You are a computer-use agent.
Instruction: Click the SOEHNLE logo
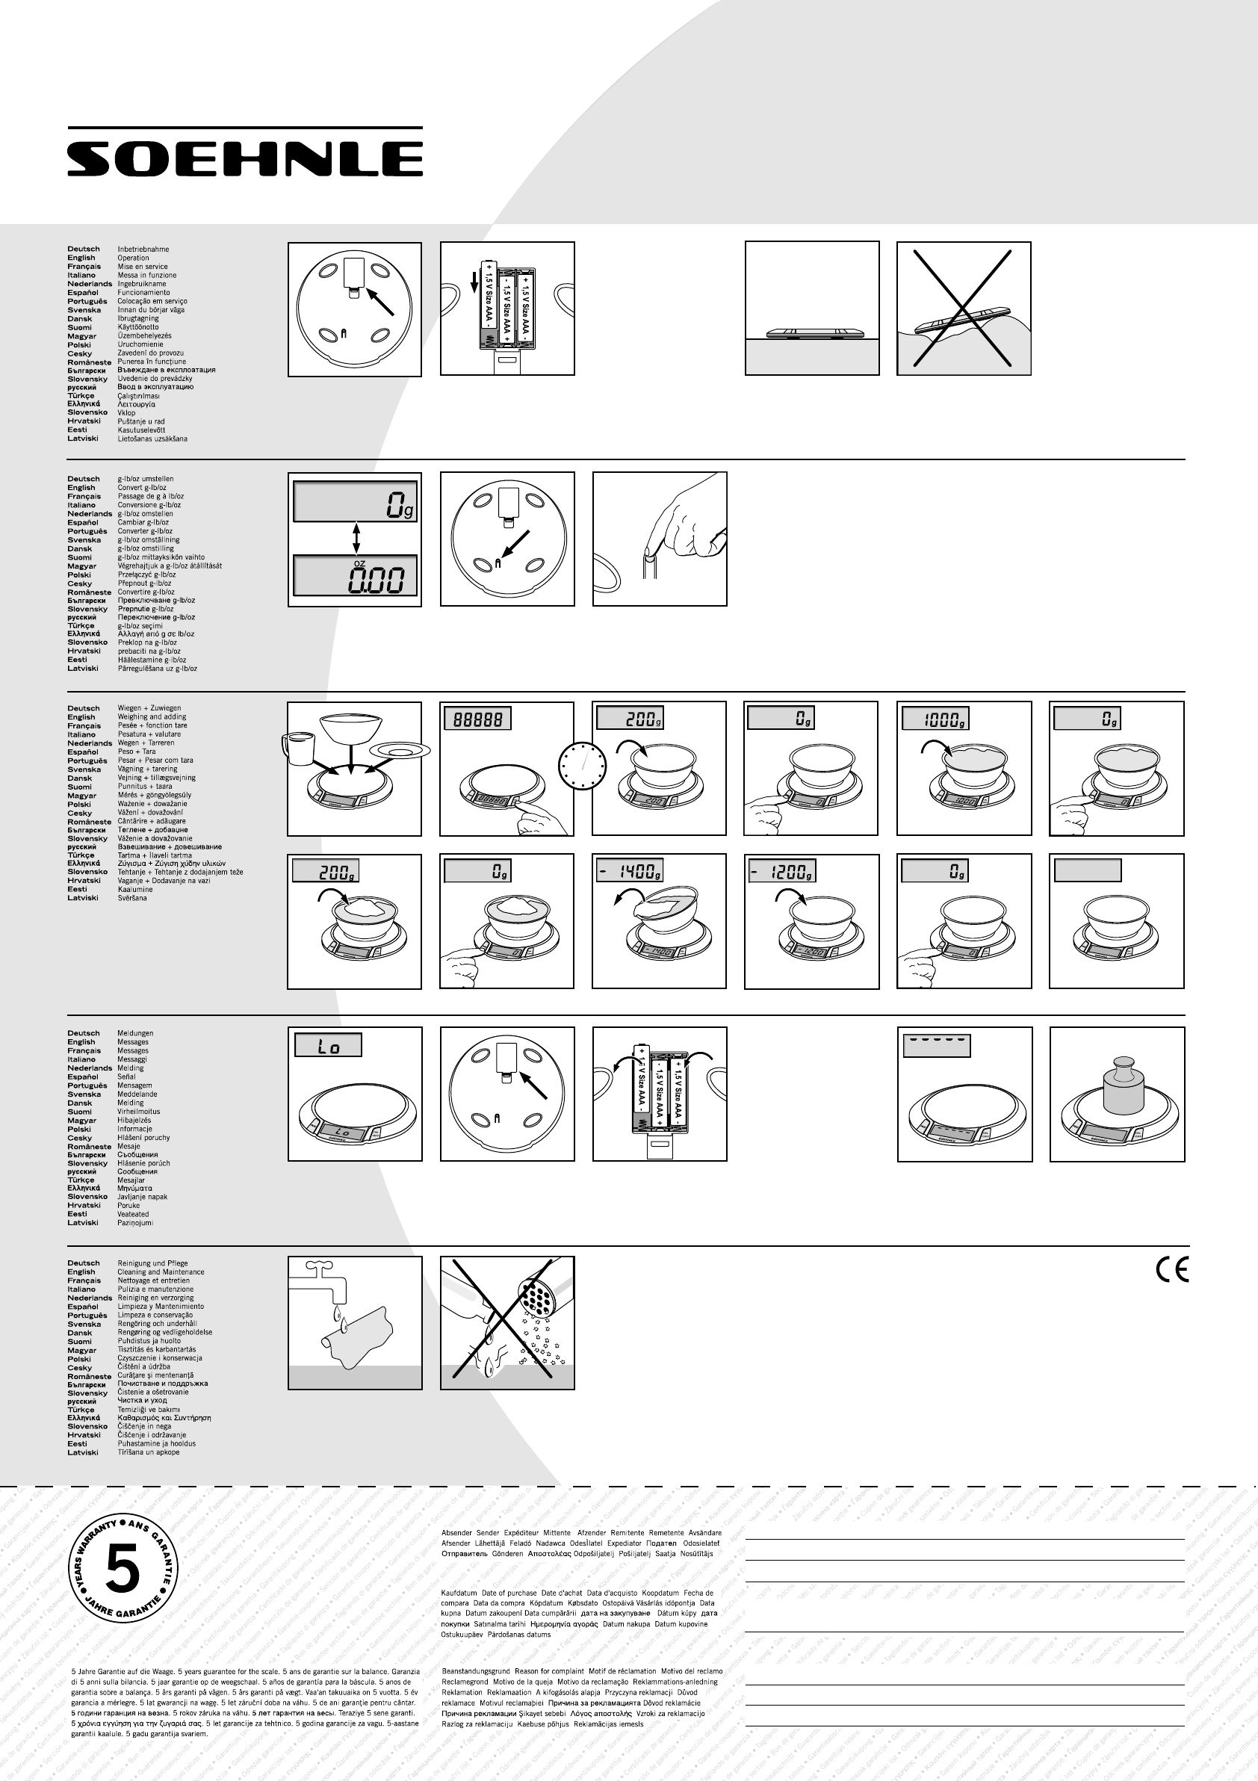tap(244, 158)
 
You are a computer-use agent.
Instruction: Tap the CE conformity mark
tap(1171, 1270)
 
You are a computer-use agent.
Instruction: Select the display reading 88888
tap(478, 719)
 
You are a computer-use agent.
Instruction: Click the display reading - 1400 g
tap(630, 871)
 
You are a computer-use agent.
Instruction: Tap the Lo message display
tap(328, 1047)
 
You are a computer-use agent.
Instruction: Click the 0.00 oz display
tap(354, 577)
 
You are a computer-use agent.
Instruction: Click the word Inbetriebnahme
tap(143, 249)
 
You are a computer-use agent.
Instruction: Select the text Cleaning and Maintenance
tap(161, 1272)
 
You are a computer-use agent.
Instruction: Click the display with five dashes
tap(936, 1046)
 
